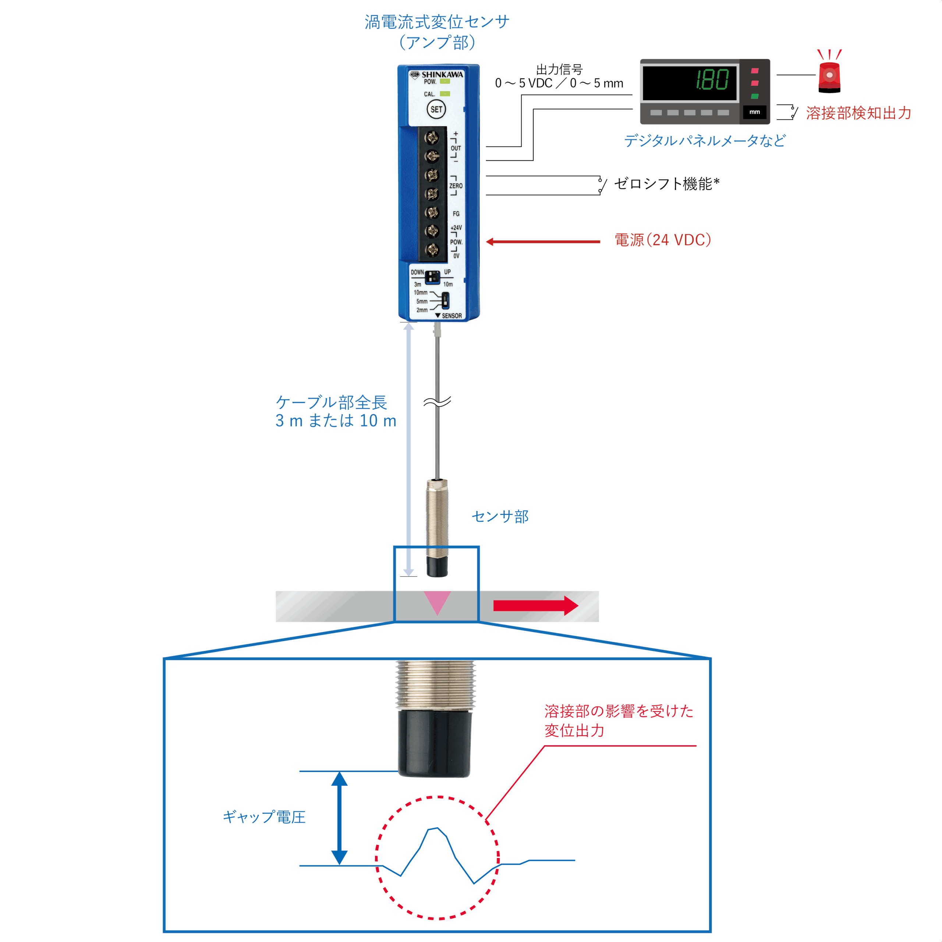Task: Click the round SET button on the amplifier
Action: (436, 109)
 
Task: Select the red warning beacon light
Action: (829, 77)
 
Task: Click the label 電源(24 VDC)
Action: (663, 240)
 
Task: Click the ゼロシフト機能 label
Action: (666, 184)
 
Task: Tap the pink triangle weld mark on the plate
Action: (437, 602)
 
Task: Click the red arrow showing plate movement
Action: (535, 606)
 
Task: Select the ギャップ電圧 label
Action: (264, 817)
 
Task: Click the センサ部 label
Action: (500, 516)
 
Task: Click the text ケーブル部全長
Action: (332, 402)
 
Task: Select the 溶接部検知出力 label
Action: (858, 113)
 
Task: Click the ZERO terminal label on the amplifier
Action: (456, 186)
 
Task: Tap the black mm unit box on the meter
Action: (754, 112)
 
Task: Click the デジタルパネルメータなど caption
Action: (705, 141)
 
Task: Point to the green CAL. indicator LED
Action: (445, 93)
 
